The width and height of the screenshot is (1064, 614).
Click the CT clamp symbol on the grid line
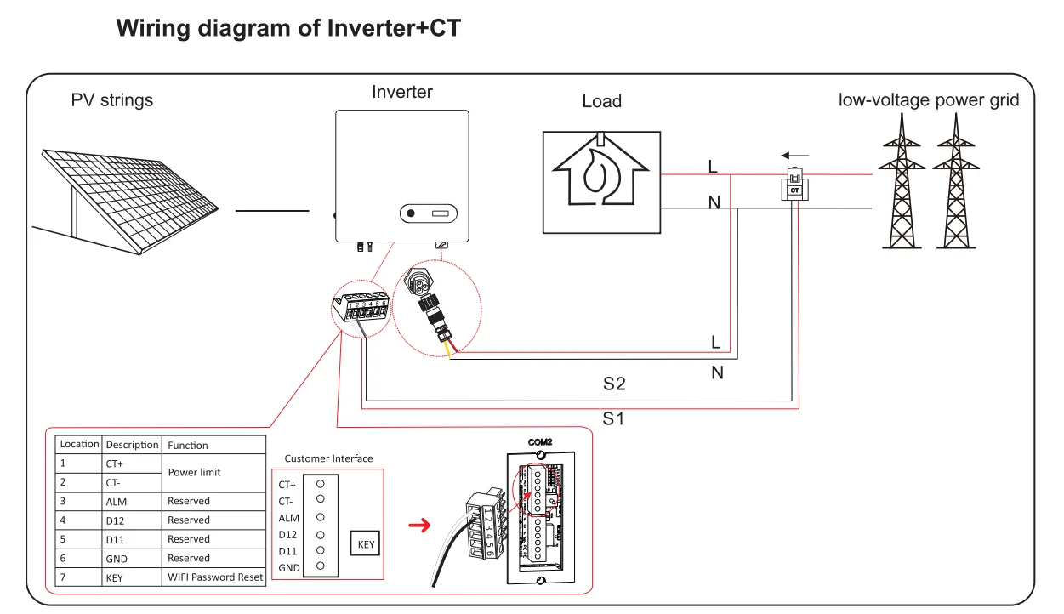pos(794,185)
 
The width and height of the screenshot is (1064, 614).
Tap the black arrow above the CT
pos(795,156)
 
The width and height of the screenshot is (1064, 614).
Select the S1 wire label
pos(614,418)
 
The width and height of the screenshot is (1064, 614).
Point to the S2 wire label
pos(614,384)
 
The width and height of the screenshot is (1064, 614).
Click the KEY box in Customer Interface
pos(365,544)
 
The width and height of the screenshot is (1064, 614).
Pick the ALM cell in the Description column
pos(118,501)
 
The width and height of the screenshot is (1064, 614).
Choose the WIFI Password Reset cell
pos(215,577)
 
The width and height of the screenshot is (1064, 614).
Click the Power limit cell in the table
pos(194,472)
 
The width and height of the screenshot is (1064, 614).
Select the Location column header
pos(79,444)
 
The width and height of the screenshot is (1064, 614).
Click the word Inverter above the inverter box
pos(402,92)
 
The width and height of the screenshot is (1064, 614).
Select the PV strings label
pos(112,100)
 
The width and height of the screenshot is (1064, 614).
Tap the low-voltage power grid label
pos(929,100)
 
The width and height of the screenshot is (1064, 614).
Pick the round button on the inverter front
pos(411,213)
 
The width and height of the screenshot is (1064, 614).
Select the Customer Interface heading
pos(328,458)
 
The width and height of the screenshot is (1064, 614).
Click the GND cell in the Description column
pos(117,558)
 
